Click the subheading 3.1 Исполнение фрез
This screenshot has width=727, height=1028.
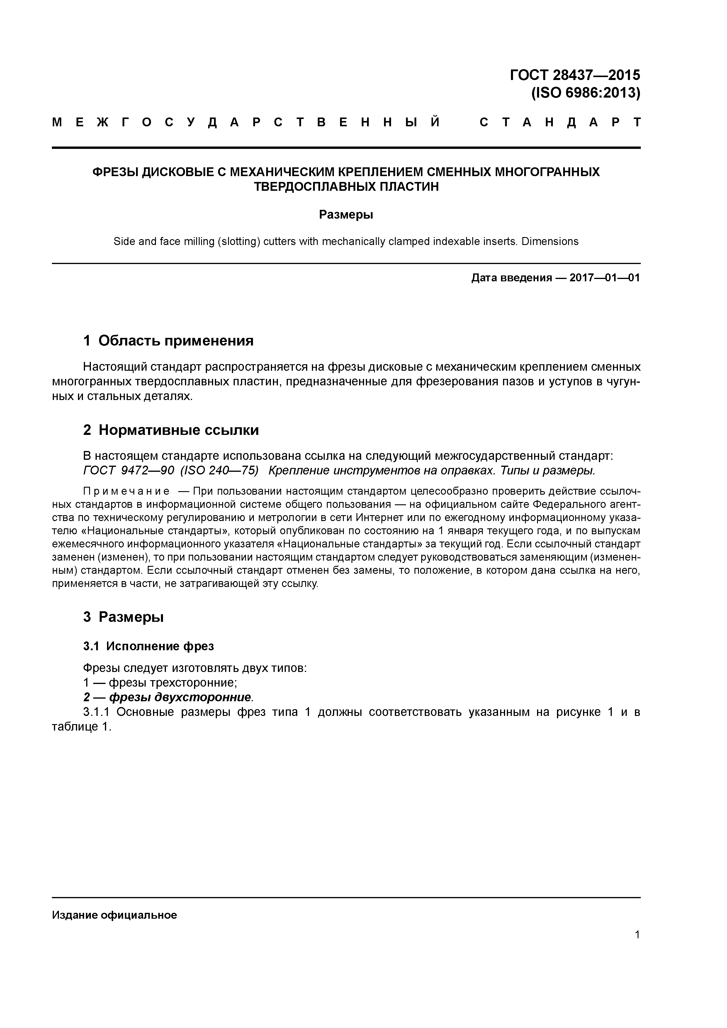(x=148, y=646)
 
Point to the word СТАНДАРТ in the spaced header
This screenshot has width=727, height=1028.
(x=560, y=122)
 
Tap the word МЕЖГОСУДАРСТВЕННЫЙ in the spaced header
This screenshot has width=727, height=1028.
(x=246, y=122)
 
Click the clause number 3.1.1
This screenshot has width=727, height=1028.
(x=96, y=712)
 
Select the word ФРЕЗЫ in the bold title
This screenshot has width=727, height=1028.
(x=115, y=172)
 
